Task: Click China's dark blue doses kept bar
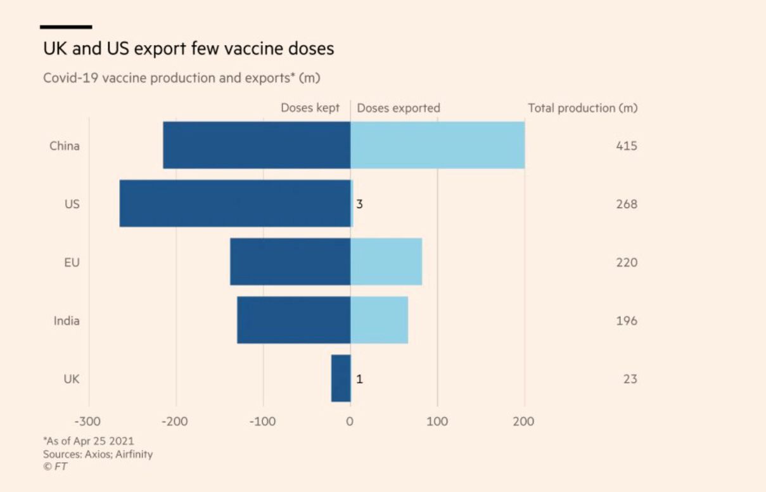coord(257,145)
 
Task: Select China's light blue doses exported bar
coord(437,145)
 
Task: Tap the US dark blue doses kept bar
coord(234,204)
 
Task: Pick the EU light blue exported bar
coord(386,262)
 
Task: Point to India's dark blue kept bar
coord(293,320)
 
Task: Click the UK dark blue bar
coord(341,379)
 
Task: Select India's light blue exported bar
coord(379,320)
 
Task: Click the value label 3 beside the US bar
coord(359,204)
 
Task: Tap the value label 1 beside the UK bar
coord(359,379)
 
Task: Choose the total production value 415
coord(626,146)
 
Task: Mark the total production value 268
coord(626,204)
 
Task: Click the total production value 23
coord(630,379)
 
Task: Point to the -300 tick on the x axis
coord(88,422)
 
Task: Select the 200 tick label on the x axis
coord(523,422)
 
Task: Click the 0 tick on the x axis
coord(350,422)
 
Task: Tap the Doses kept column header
coord(310,108)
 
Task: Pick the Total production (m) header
coord(582,108)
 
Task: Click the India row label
coord(67,321)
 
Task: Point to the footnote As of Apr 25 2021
coord(89,441)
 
